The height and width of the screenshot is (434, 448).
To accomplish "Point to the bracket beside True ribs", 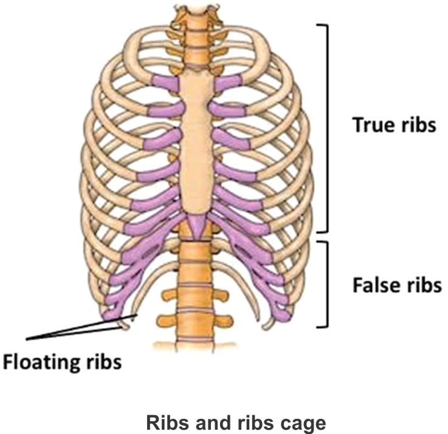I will tap(327, 127).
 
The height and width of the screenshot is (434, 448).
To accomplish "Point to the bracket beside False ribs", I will tap(326, 284).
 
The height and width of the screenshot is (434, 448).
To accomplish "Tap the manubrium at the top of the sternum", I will tap(198, 85).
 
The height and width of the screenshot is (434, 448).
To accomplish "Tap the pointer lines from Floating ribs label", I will tap(73, 328).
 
